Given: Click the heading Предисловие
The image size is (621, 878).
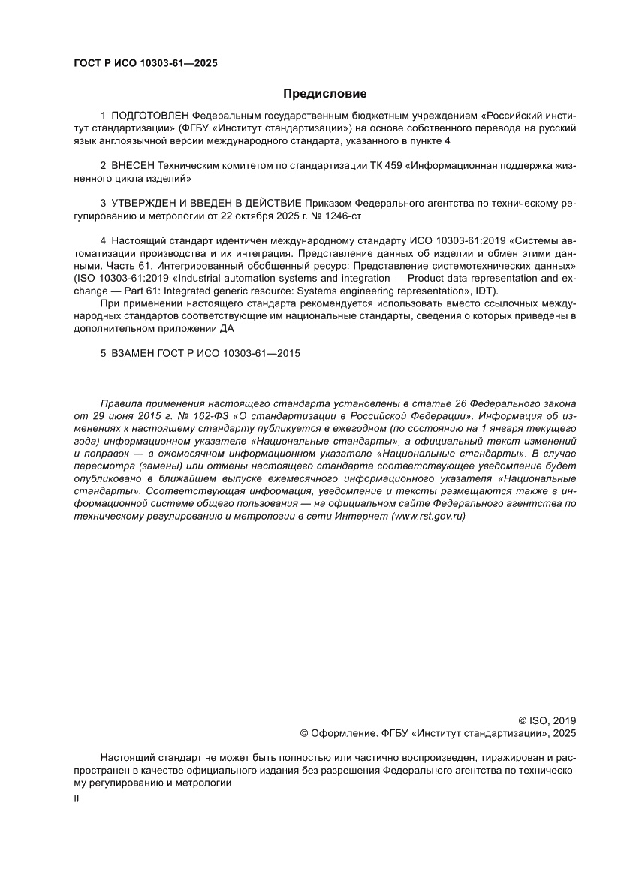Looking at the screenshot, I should click(324, 94).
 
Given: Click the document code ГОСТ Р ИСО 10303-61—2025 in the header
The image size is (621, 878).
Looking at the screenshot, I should click(145, 64).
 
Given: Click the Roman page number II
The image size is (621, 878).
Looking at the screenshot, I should click(76, 800).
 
